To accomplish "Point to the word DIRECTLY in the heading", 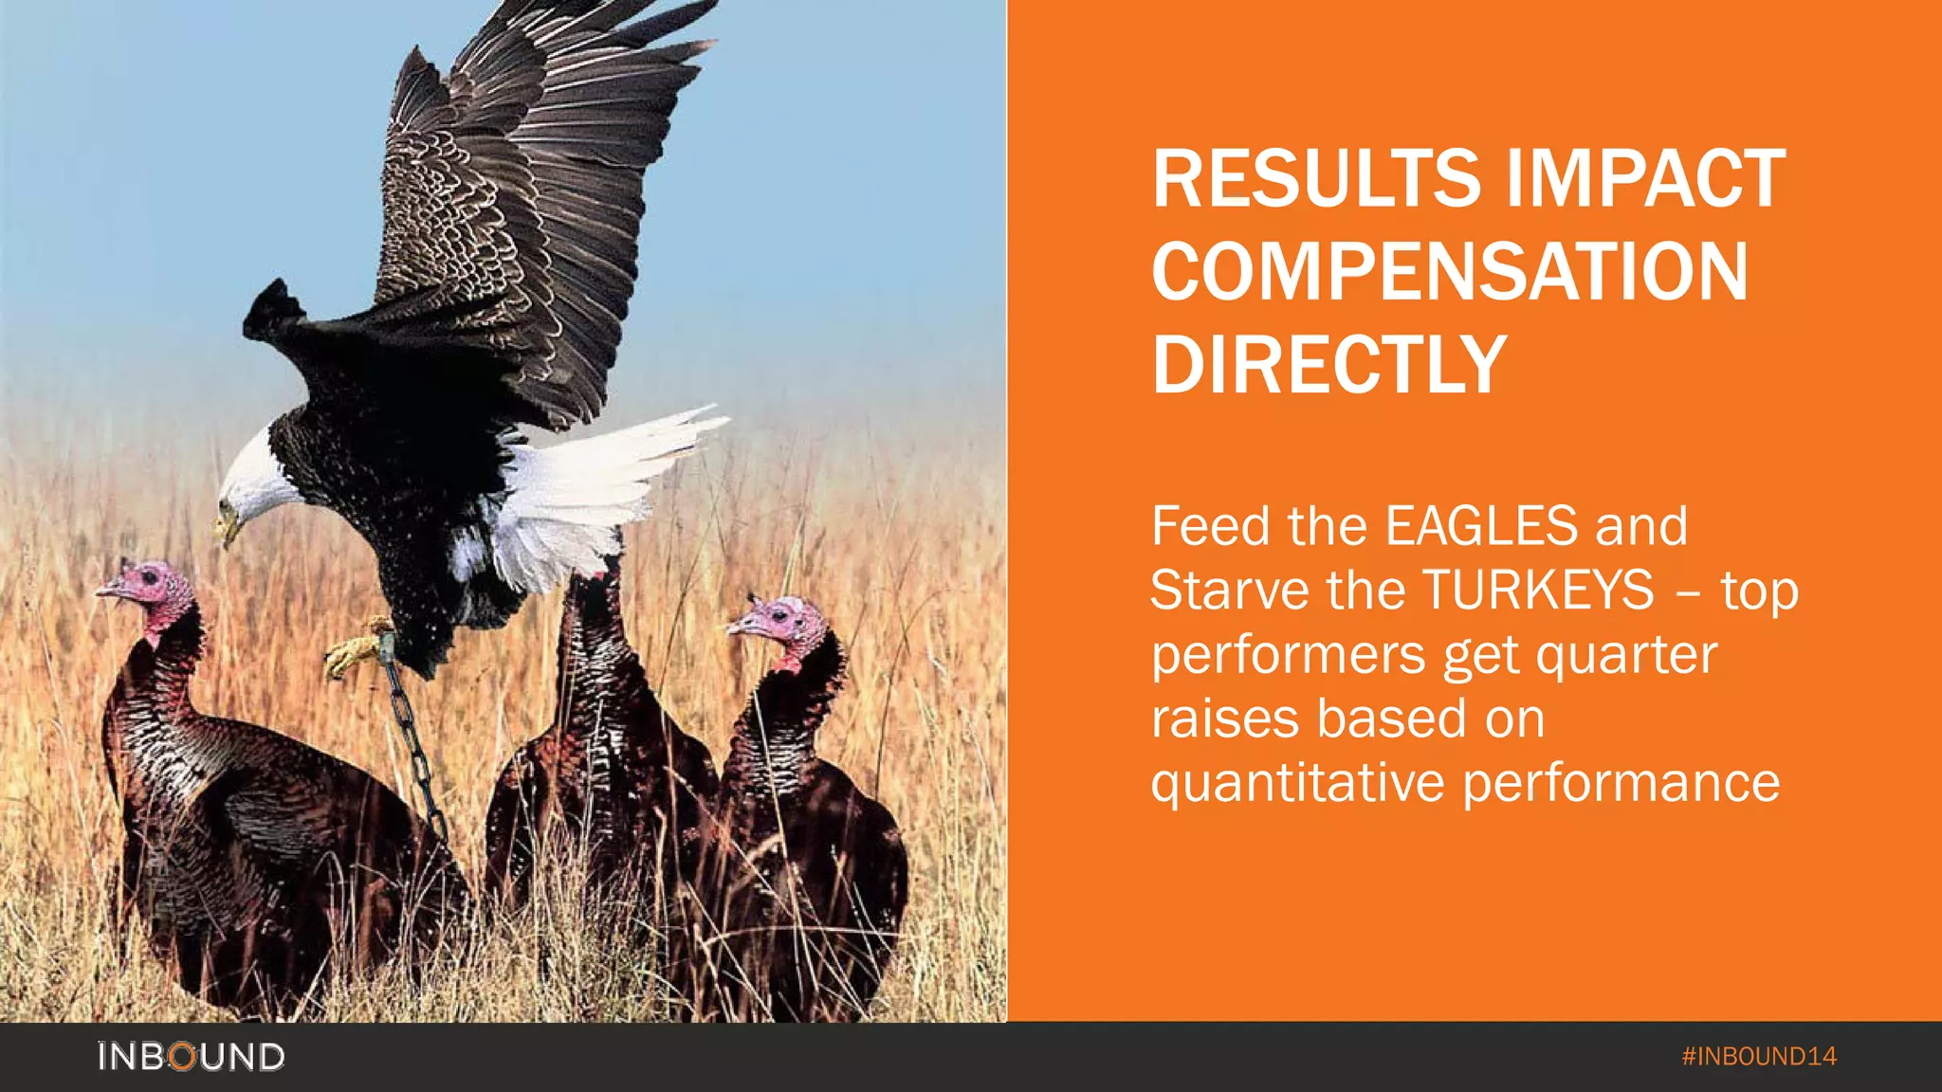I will (1328, 364).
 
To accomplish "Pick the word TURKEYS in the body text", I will (1538, 590).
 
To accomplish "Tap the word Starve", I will (1230, 590).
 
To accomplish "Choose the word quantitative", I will (1300, 783).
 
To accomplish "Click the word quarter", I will (1626, 654).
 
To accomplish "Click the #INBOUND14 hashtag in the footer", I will (1759, 1056).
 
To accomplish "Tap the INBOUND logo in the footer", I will (191, 1056).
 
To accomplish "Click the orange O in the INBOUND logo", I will (184, 1056).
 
